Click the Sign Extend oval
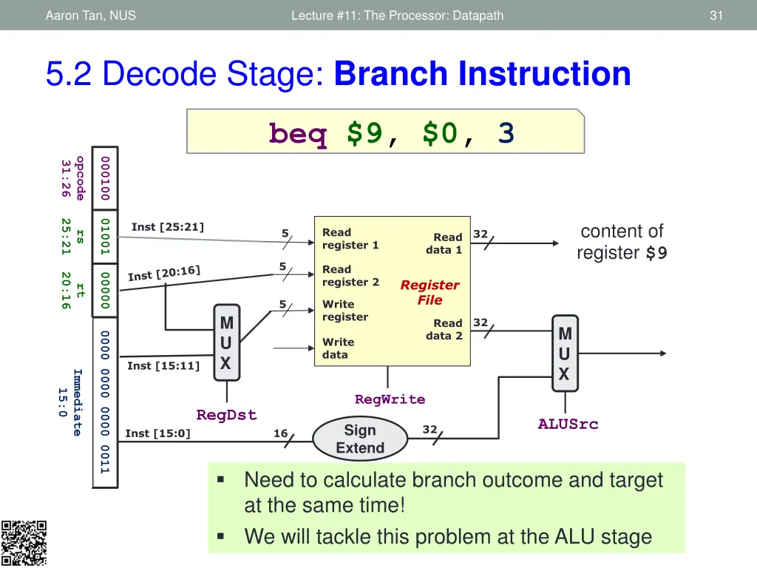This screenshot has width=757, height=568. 360,439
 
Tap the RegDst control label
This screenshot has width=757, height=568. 226,415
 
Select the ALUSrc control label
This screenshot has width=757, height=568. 568,424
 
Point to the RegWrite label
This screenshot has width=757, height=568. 390,399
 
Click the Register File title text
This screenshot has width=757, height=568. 430,292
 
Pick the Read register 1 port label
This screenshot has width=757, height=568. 350,238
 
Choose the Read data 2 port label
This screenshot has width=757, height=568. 444,329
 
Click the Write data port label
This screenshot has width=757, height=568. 338,348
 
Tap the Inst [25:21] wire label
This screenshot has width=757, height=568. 168,227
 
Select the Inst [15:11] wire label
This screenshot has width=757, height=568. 163,366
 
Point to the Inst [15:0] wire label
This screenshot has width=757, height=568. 157,433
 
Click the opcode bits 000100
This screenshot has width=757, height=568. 105,178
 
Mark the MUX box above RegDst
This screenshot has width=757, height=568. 226,343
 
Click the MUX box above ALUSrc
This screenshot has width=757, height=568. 565,354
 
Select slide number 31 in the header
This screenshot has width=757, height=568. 716,15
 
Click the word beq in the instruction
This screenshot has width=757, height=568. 298,134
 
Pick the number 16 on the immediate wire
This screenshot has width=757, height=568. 281,433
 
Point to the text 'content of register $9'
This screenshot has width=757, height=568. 622,242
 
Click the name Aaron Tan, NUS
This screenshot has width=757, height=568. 90,15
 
